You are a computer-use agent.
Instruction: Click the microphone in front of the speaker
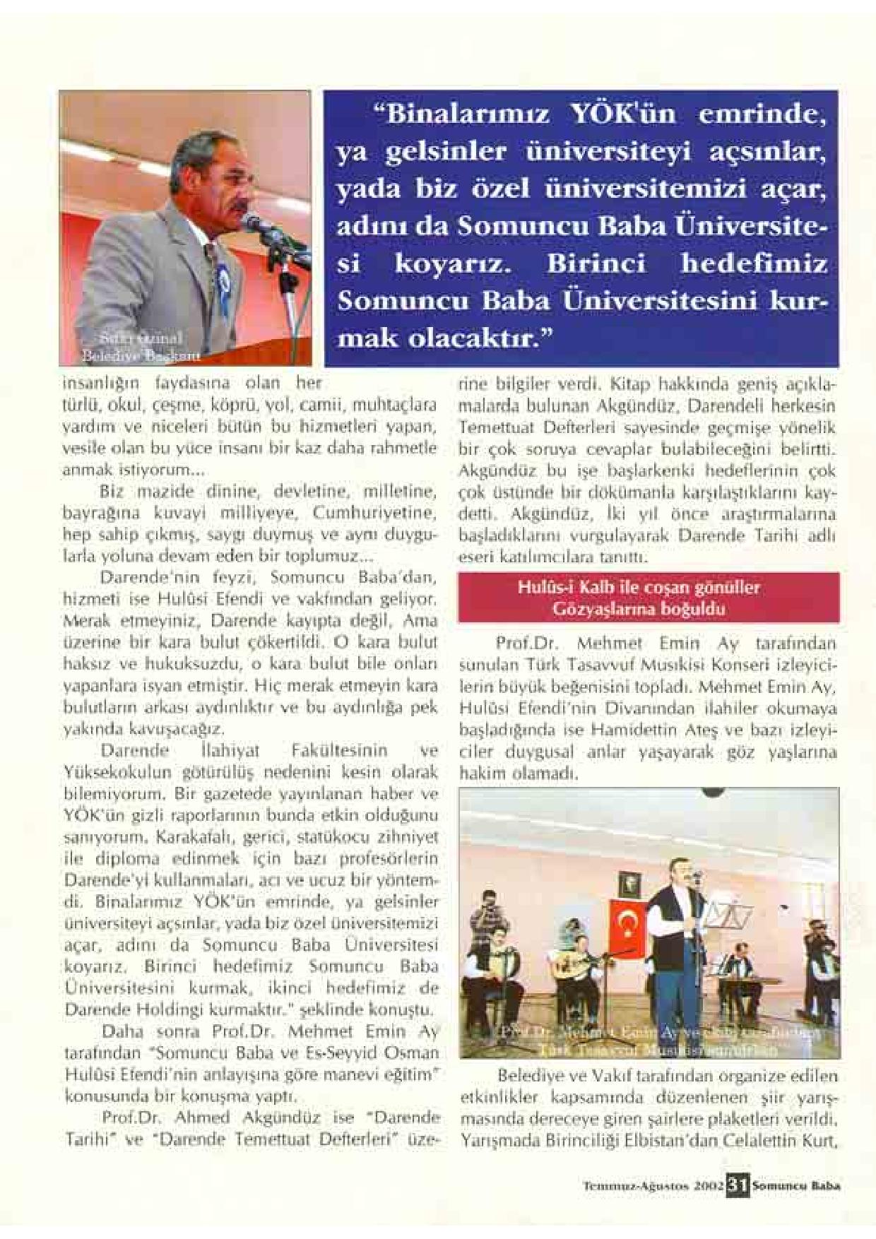pos(252,223)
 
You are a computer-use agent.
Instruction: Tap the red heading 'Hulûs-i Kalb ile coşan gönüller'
pos(649,588)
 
